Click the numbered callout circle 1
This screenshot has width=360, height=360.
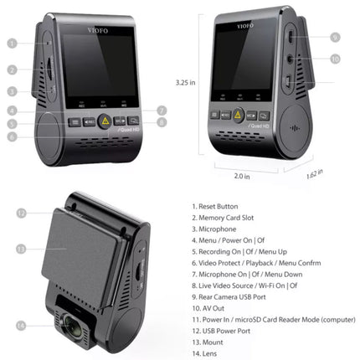(13, 42)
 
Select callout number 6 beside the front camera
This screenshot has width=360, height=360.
(13, 136)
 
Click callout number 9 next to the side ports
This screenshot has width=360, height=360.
(333, 38)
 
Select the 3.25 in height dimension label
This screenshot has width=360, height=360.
(185, 83)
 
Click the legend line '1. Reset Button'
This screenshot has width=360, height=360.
(214, 206)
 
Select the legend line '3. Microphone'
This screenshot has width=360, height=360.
(213, 229)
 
